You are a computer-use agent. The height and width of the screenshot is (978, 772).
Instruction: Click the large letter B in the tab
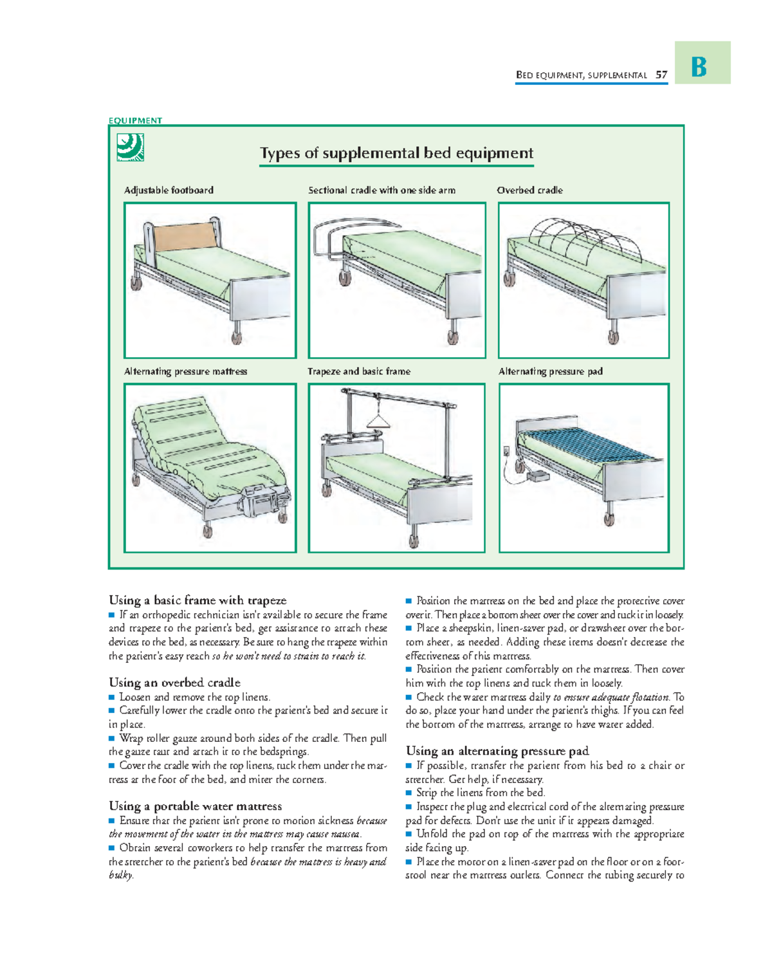click(x=699, y=66)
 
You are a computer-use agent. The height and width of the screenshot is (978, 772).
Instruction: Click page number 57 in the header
click(x=661, y=75)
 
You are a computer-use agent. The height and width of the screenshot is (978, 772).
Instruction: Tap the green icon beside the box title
click(x=130, y=147)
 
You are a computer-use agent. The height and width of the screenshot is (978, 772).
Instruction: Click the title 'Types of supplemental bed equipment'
click(x=396, y=153)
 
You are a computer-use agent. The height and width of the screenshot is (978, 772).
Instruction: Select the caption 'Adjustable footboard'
click(x=169, y=190)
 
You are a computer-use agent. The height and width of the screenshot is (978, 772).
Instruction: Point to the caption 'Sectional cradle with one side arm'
click(x=381, y=190)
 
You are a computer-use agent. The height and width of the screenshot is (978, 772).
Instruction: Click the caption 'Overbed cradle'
click(x=529, y=190)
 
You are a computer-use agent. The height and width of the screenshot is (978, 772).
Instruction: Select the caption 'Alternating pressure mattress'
click(x=185, y=371)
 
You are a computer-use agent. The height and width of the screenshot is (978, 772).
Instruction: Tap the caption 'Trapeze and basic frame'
click(x=359, y=371)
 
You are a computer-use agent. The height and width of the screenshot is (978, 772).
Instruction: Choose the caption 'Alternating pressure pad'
click(x=550, y=371)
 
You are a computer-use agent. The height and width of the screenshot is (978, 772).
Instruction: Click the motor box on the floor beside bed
click(x=537, y=475)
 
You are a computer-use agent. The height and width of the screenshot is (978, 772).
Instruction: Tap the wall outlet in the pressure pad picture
click(x=507, y=452)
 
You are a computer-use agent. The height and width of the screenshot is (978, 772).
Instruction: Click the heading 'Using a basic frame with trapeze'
click(x=198, y=600)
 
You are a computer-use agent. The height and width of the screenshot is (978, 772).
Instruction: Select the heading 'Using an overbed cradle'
click(x=174, y=683)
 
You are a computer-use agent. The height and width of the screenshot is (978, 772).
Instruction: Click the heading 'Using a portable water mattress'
click(x=195, y=806)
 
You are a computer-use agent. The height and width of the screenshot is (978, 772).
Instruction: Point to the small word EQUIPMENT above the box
click(x=135, y=120)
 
